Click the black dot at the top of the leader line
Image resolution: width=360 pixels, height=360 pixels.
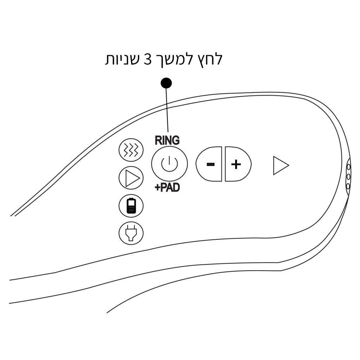click(166, 83)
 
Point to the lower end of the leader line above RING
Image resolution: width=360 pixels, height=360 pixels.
click(168, 132)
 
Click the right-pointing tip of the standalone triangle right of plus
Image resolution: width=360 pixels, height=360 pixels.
click(289, 165)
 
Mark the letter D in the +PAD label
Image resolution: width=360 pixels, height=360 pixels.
click(176, 188)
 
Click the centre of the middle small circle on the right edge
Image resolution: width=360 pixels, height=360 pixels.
click(348, 176)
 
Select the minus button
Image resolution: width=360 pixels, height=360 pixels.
click(209, 164)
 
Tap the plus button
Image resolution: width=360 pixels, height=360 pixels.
click(238, 164)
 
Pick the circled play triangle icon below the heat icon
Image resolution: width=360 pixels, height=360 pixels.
click(131, 178)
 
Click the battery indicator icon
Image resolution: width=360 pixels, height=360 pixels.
click(131, 205)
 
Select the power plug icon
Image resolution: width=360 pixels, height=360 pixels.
click(131, 233)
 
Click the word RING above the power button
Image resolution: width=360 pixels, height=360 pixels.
click(167, 141)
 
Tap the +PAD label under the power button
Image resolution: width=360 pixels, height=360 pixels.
click(167, 188)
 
